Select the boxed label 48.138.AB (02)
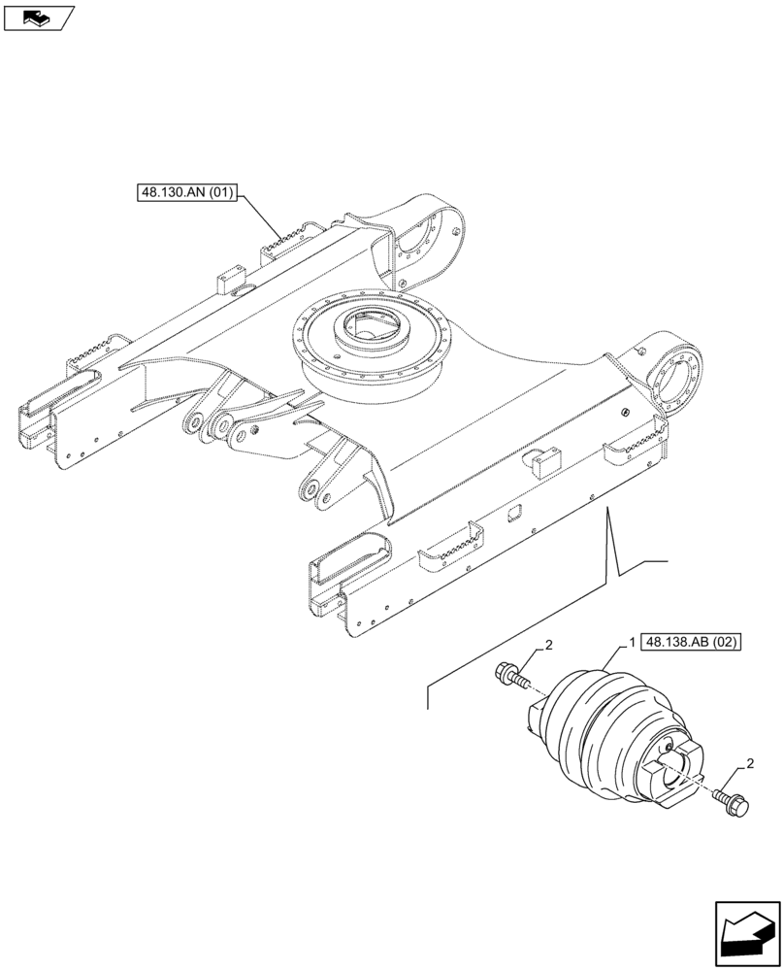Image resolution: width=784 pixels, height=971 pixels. coord(690,643)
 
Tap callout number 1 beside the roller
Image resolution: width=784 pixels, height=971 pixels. coord(632,643)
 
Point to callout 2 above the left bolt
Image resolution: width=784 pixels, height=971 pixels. coord(549,645)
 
